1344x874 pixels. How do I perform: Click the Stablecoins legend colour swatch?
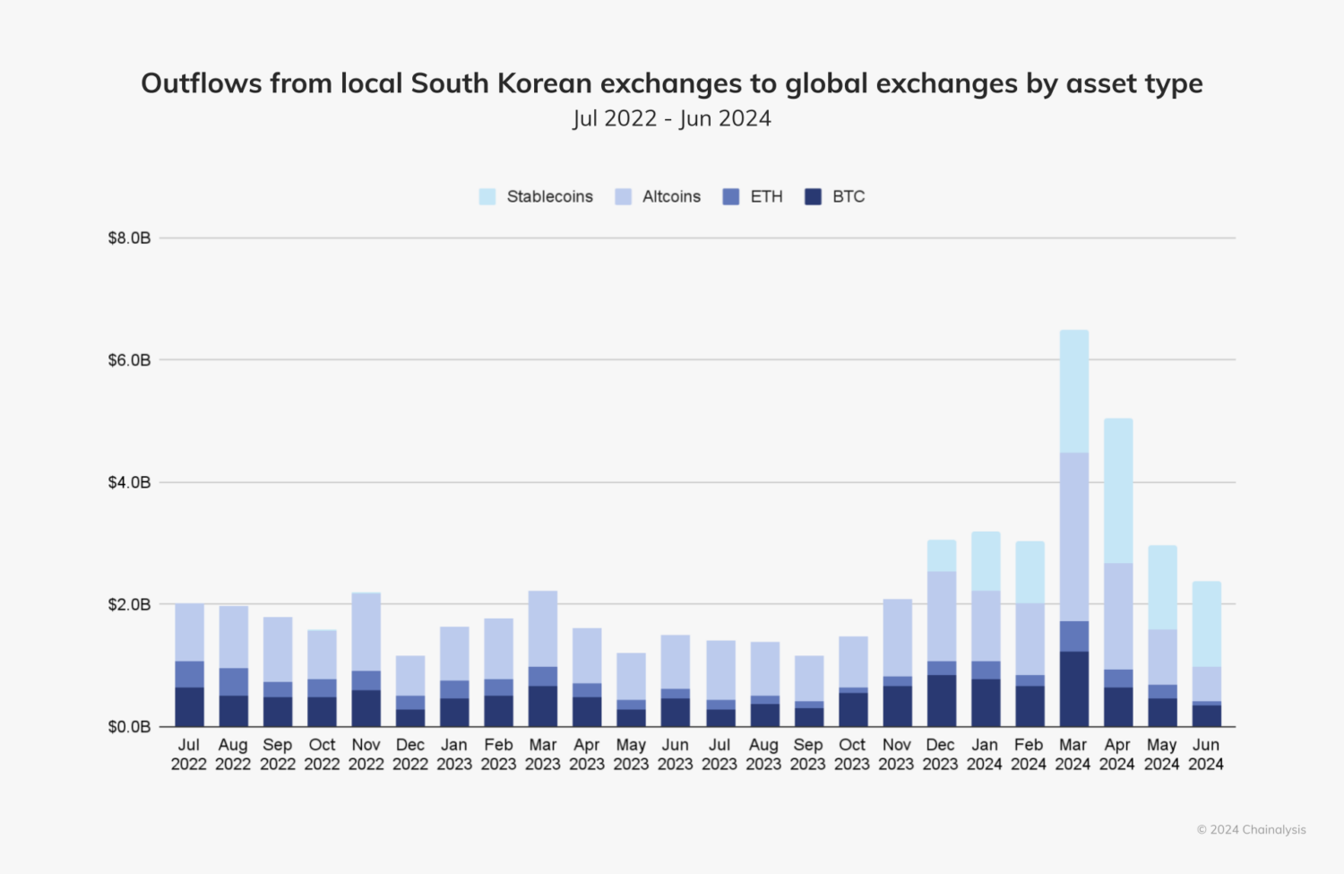[x=487, y=197]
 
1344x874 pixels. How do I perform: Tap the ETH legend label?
[x=766, y=197]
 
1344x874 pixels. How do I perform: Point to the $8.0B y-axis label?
[x=129, y=238]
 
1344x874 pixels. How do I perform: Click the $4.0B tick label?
[x=129, y=483]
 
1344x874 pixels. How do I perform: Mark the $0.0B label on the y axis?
[x=129, y=727]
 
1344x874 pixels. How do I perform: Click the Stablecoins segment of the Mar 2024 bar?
[x=1073, y=391]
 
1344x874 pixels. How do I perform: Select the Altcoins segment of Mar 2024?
[x=1073, y=536]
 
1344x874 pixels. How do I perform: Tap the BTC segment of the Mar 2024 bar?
[x=1073, y=688]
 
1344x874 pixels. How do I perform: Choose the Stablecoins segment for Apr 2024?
[x=1117, y=490]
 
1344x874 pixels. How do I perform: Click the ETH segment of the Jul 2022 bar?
[x=189, y=674]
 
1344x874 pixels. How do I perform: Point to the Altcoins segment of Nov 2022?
[x=366, y=632]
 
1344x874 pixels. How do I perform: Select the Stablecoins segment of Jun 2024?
[x=1206, y=624]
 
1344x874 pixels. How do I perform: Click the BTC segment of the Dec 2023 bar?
[x=941, y=700]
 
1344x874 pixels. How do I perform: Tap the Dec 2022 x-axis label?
[x=410, y=755]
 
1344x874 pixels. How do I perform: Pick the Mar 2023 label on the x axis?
[x=543, y=755]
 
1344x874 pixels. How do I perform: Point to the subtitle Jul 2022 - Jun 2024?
[x=672, y=118]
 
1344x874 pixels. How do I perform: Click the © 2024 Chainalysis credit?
[x=1251, y=830]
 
